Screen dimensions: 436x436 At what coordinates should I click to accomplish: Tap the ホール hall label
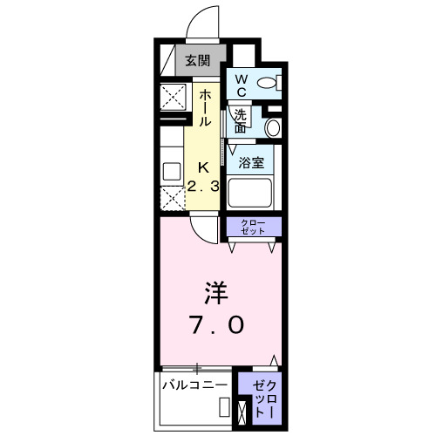click(205, 108)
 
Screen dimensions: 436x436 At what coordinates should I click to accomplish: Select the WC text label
click(241, 85)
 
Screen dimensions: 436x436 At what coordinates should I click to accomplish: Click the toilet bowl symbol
click(269, 83)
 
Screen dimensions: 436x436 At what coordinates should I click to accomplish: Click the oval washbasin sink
click(272, 127)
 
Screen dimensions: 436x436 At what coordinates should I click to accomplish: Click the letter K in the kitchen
click(203, 167)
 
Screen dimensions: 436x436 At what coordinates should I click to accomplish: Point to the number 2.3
click(203, 186)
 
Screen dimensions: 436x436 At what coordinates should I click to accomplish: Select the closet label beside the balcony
click(267, 398)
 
